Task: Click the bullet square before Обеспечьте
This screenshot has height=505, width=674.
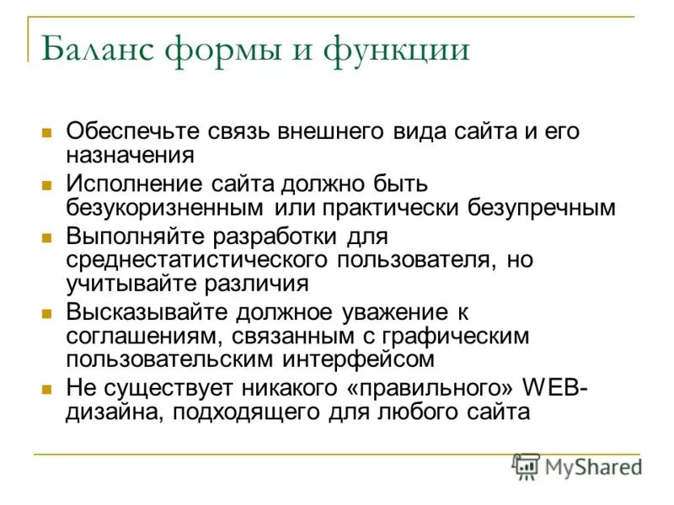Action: (x=48, y=133)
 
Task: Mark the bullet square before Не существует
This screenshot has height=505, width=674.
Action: (x=48, y=390)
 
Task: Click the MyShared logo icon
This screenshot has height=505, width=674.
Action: (x=527, y=465)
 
